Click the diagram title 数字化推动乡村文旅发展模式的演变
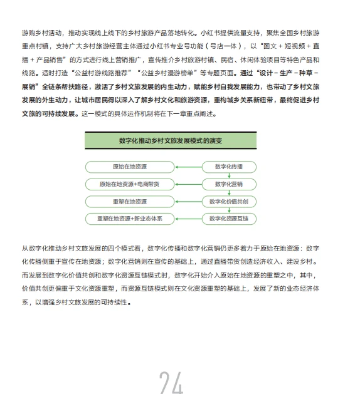171,140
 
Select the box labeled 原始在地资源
130,167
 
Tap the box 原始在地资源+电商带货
130,184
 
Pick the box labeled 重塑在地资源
130,202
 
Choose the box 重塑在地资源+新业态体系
130,219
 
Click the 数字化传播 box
229,167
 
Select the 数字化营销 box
229,184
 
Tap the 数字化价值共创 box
229,202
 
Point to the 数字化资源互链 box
229,219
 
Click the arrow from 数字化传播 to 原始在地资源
188,167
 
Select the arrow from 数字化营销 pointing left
188,184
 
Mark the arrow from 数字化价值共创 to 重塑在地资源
188,202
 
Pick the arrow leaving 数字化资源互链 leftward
188,219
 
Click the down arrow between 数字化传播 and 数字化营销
229,176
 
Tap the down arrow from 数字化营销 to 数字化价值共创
229,193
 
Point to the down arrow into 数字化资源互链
229,210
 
